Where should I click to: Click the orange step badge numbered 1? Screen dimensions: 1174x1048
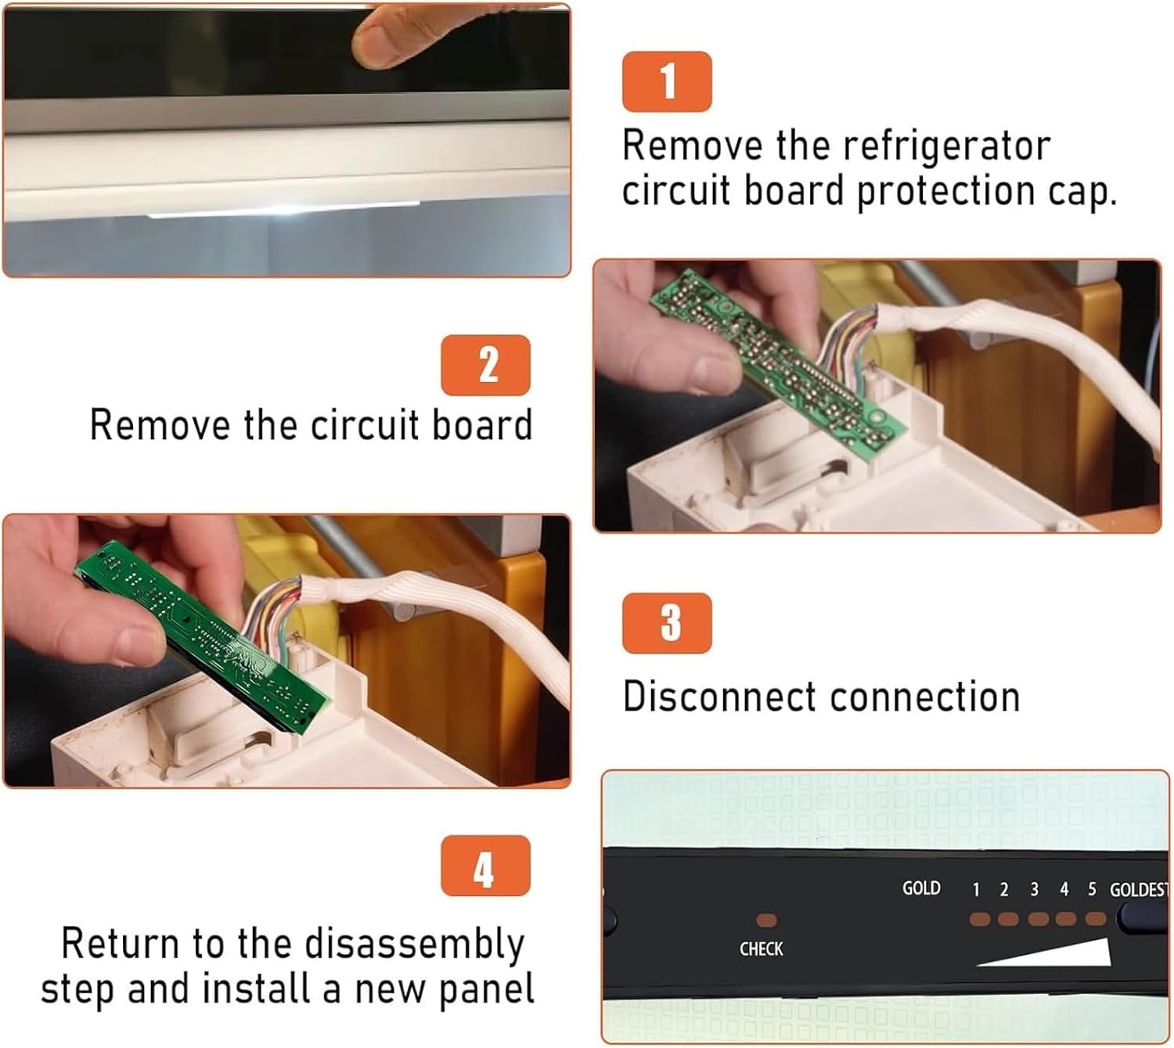click(x=667, y=81)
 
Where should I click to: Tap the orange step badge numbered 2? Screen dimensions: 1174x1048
click(x=485, y=366)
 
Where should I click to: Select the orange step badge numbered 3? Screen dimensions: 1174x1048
click(x=667, y=623)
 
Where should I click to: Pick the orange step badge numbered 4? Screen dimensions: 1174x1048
click(x=485, y=866)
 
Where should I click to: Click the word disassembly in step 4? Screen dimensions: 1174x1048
click(x=414, y=945)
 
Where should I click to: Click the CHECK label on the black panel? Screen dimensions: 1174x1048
click(x=761, y=949)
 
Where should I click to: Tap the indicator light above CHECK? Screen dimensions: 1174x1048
click(x=766, y=920)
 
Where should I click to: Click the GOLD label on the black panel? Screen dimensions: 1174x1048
click(x=920, y=888)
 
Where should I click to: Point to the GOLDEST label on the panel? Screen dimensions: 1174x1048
click(x=1138, y=889)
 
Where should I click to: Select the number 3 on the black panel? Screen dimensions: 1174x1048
click(x=1035, y=889)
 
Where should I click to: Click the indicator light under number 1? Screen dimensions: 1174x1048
click(x=980, y=919)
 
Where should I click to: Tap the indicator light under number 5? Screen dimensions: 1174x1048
click(x=1095, y=918)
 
